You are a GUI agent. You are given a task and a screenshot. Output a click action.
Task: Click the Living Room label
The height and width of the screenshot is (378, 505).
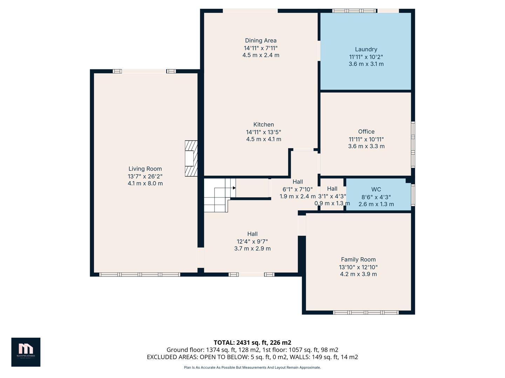pos(145,169)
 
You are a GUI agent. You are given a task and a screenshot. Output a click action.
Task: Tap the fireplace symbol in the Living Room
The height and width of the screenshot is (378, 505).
pos(191,158)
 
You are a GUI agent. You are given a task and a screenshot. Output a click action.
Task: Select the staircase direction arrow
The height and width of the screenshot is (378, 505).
pos(234,188)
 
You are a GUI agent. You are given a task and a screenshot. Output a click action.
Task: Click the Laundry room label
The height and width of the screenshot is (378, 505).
pos(366,49)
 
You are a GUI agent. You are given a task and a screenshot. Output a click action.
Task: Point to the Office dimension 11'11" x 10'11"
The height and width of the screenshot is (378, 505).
pos(366,139)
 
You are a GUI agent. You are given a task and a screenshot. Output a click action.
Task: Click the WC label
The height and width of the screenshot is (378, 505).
pos(376,189)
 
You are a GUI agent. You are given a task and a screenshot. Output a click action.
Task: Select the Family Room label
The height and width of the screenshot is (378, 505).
pos(358,259)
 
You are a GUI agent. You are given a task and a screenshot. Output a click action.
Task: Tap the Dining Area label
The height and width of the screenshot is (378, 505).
pos(261,41)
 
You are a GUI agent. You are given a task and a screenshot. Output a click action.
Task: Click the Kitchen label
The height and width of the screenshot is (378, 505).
pos(263,125)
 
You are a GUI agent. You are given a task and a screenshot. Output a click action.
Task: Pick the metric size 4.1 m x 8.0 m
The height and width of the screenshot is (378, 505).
pos(145,183)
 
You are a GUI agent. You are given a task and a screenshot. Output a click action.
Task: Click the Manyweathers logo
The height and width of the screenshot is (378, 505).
pos(26,352)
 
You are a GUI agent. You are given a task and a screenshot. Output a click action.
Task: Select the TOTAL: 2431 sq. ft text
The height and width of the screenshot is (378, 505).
pos(252,342)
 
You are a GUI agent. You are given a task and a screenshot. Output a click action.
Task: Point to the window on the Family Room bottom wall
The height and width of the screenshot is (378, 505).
pos(365,312)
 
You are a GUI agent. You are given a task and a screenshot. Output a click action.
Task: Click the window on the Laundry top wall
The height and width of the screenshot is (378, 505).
pos(354,11)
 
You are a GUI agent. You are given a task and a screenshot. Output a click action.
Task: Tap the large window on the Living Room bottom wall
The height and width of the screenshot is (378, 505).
pos(140,274)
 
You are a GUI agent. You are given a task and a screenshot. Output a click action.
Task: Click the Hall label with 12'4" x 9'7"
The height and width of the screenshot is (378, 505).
pos(252,234)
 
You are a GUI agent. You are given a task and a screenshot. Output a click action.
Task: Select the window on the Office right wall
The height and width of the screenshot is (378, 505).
pos(413,144)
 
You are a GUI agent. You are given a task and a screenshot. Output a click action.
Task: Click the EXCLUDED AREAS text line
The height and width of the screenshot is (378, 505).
pos(252,357)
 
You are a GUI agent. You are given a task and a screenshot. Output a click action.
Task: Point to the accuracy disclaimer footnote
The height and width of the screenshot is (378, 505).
pos(252,367)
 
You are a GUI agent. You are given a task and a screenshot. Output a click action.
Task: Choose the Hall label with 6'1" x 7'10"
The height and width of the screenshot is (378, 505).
pos(297,182)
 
